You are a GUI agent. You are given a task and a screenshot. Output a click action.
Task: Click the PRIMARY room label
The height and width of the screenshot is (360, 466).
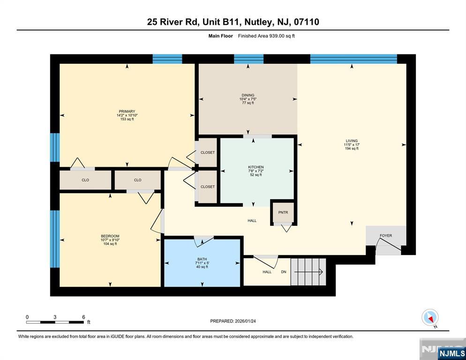pyautogui.click(x=127, y=112)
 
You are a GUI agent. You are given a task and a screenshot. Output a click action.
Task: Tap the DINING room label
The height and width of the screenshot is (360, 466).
pyautogui.click(x=248, y=96)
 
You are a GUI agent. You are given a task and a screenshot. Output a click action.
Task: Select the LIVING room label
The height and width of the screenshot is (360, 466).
pyautogui.click(x=351, y=141)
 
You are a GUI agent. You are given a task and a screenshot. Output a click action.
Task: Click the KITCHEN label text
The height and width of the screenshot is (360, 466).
pyautogui.click(x=256, y=167)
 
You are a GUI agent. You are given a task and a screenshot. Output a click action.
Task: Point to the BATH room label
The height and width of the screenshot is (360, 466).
pyautogui.click(x=202, y=259)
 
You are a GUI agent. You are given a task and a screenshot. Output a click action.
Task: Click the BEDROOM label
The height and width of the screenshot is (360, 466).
pyautogui.click(x=110, y=236)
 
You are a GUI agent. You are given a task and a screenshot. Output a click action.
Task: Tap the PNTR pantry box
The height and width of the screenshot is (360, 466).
pyautogui.click(x=283, y=212)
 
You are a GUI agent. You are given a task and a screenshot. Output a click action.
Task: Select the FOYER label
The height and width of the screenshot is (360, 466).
pyautogui.click(x=386, y=236)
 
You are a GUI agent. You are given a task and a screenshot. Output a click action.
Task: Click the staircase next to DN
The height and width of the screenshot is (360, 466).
pyautogui.click(x=307, y=271)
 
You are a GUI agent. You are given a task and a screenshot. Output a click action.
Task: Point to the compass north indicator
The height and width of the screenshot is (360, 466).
pyautogui.click(x=429, y=317)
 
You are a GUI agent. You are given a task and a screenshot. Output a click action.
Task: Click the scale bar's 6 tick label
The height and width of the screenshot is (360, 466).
pyautogui.click(x=83, y=317)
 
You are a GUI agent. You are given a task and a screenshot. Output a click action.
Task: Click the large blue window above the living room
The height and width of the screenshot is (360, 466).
pyautogui.click(x=353, y=59)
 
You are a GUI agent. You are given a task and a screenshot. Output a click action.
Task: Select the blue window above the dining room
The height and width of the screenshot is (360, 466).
pyautogui.click(x=248, y=59)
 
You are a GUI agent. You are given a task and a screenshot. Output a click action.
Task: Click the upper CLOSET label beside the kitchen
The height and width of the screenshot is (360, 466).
pyautogui.click(x=207, y=152)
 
